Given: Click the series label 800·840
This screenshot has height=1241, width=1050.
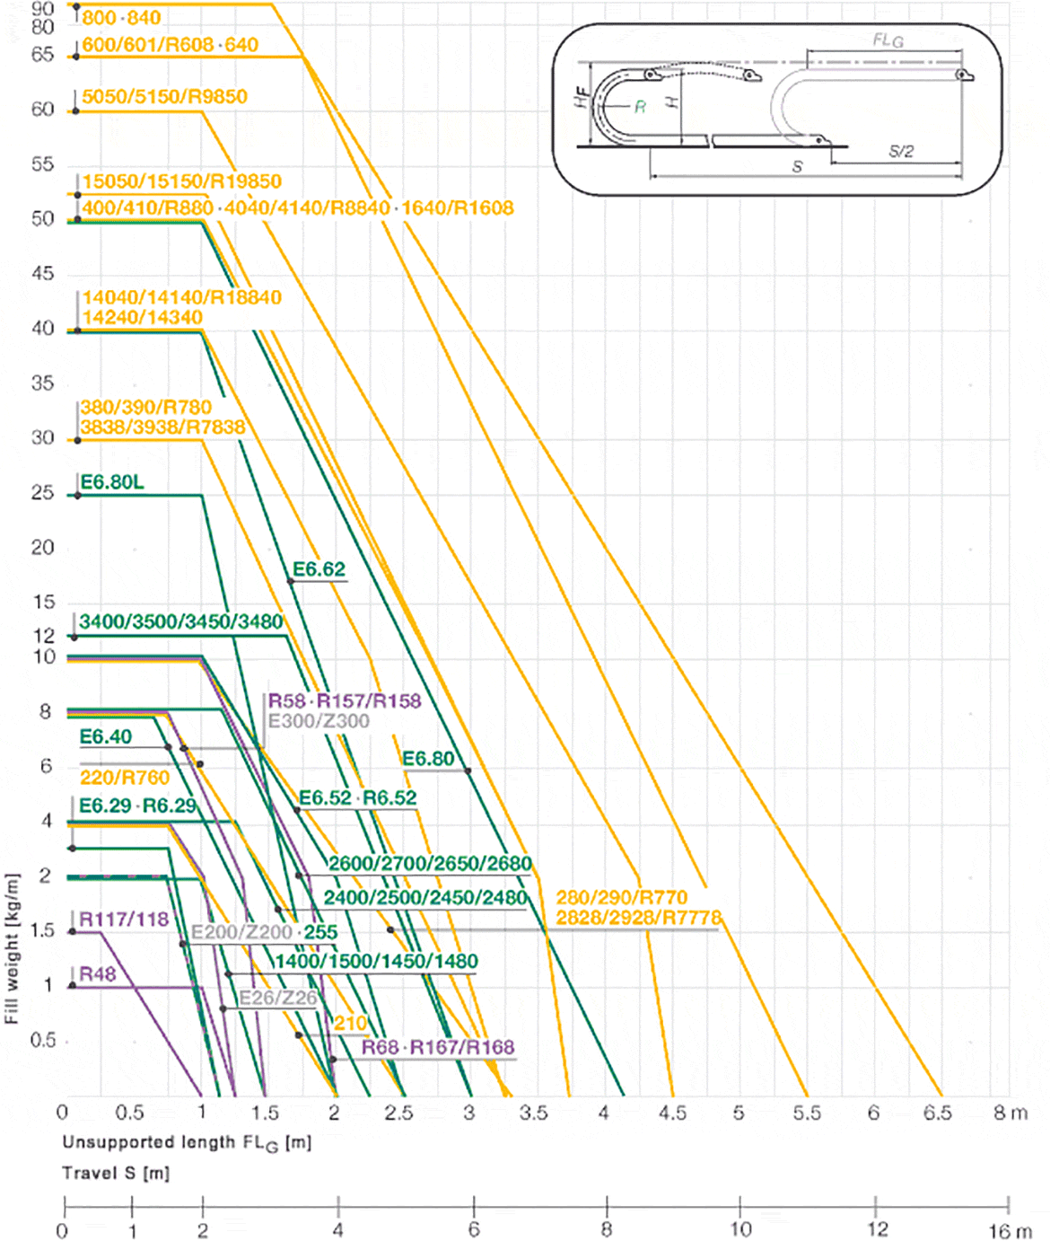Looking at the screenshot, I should click(x=121, y=18).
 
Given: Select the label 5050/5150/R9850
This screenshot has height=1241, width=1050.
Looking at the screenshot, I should click(x=164, y=97).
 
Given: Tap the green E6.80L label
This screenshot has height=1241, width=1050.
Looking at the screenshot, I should click(x=112, y=482).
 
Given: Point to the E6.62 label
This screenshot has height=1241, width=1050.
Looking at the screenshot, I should click(x=319, y=569).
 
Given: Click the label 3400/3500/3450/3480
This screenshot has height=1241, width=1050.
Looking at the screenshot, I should click(x=180, y=621).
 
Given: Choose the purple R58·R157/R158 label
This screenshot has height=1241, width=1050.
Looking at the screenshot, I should click(x=345, y=701).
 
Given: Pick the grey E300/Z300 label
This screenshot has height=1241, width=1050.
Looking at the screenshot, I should click(x=319, y=721).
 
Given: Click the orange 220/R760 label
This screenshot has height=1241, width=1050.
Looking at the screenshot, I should click(x=125, y=778).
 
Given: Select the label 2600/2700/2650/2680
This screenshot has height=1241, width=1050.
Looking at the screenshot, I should click(x=430, y=864).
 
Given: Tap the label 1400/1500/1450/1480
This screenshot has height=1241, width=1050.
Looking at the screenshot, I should click(x=376, y=962).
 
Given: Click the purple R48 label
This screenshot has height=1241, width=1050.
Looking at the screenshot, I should click(x=98, y=974).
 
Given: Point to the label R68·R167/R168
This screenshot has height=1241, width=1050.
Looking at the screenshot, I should click(x=438, y=1048).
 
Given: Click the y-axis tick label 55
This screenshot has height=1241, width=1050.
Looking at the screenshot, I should click(x=42, y=164).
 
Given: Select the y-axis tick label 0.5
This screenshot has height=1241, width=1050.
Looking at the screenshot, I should click(x=43, y=1041).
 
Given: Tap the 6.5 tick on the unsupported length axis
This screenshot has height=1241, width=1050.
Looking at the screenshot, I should click(x=938, y=1113).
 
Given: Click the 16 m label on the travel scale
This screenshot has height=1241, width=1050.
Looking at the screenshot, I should click(x=1011, y=1230).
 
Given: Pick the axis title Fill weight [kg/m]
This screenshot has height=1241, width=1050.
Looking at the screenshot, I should click(x=12, y=948).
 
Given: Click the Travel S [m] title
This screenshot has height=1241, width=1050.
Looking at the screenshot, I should click(x=116, y=1173).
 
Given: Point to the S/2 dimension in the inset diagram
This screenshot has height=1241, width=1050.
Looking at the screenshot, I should click(x=901, y=151).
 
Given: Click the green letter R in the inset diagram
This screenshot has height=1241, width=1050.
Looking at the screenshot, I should click(x=640, y=107).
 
